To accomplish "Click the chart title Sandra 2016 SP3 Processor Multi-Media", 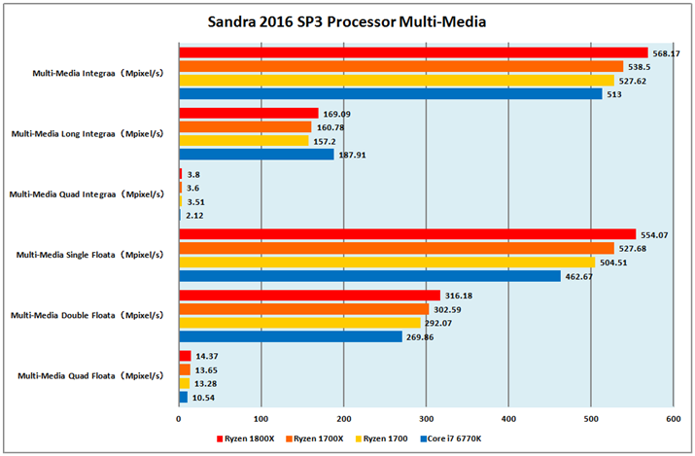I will [x=347, y=20].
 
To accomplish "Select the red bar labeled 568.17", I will [x=413, y=53].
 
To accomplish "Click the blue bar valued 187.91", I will [x=256, y=155].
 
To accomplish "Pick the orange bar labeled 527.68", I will [x=396, y=248].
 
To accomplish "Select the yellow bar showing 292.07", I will [x=299, y=323].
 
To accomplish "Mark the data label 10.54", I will [x=204, y=398].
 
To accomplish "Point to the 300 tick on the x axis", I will [x=425, y=419].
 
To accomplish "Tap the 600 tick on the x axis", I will [x=672, y=419].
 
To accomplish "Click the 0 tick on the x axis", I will [x=179, y=419].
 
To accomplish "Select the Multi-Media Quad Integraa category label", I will [x=87, y=193].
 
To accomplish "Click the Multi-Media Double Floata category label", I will [x=89, y=315].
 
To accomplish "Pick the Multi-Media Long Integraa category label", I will [x=87, y=133].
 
